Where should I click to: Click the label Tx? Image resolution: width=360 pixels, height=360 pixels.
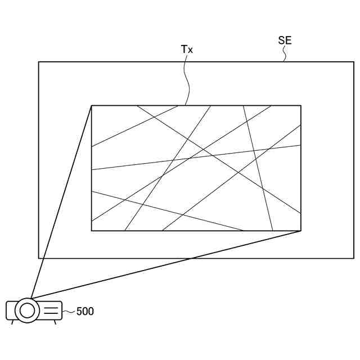point(187,49)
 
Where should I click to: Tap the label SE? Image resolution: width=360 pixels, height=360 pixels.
point(285,40)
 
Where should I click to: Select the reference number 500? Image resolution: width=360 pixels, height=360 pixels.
point(85,311)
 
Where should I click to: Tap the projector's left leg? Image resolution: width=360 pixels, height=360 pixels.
point(13,322)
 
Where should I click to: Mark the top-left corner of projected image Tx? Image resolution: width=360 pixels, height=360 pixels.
point(92,105)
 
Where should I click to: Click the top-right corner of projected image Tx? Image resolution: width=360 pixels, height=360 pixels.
point(301,105)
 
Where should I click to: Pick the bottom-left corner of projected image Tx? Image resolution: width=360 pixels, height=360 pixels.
point(92,231)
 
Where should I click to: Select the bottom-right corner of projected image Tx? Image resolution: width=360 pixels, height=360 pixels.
point(301,231)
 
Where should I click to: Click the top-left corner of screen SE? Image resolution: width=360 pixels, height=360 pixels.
point(39,61)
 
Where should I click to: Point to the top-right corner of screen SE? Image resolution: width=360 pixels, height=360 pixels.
point(354,61)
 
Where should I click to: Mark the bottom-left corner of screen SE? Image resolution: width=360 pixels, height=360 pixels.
point(39,258)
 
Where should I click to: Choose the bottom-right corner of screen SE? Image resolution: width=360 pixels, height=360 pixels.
point(354,258)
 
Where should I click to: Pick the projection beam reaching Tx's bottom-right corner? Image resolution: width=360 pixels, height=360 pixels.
point(169,264)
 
